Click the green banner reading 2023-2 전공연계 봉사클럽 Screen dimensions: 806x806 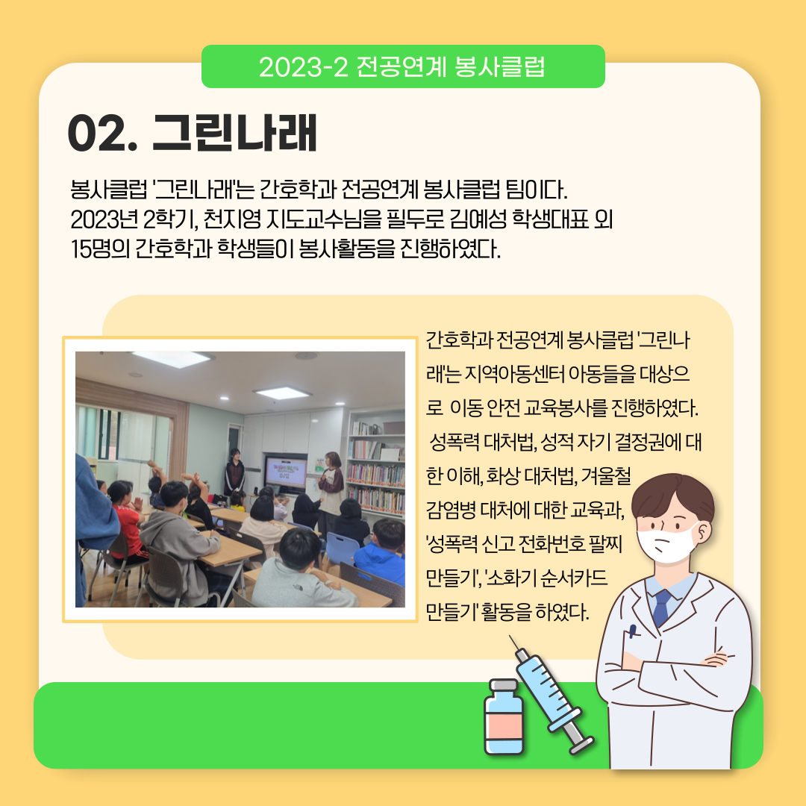(403, 66)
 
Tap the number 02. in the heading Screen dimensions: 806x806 (103, 134)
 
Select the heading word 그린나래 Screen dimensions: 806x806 (234, 133)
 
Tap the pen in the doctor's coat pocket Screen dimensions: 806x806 (632, 631)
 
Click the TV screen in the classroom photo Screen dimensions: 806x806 (286, 472)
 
